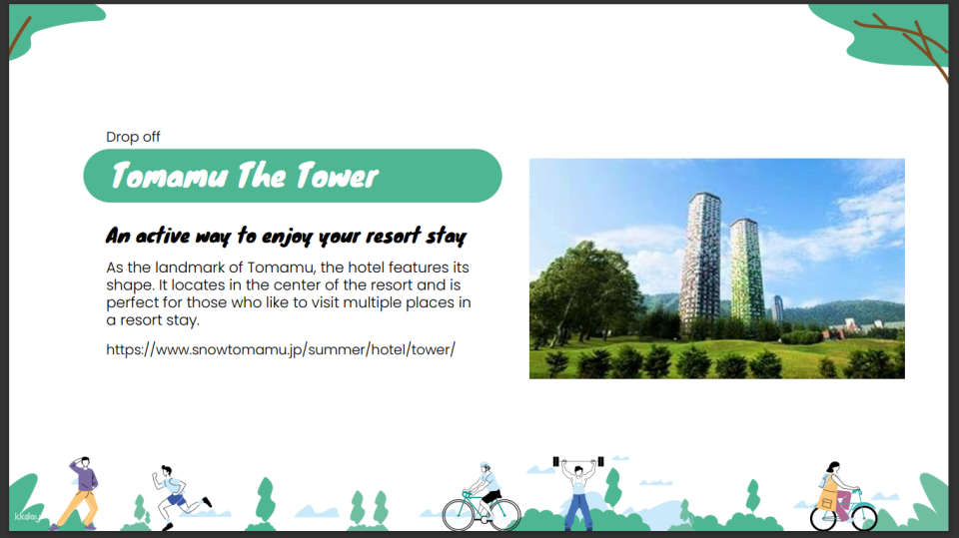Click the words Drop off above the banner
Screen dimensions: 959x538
133,137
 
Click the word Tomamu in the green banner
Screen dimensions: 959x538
169,176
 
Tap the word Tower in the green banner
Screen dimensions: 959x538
337,176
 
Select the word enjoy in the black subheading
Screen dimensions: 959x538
287,236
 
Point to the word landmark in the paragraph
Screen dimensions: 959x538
190,268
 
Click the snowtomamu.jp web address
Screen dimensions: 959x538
281,349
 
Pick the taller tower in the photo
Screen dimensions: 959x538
700,260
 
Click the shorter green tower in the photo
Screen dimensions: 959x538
746,269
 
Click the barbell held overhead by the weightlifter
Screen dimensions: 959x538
578,461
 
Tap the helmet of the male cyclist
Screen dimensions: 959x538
485,466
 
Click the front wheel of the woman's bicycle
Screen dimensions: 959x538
863,517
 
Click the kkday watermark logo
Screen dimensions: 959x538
26,517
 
